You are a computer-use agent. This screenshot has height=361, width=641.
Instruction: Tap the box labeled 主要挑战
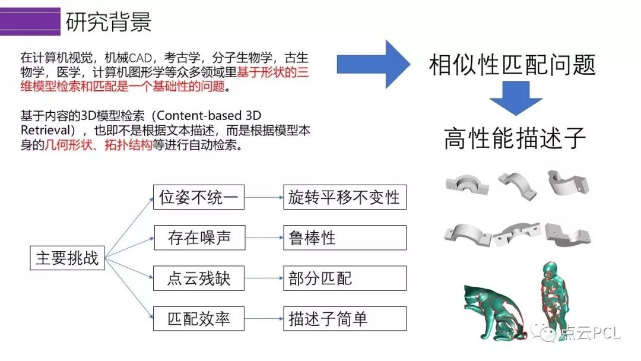click(67, 258)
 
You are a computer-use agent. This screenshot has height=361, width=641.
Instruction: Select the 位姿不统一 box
click(199, 197)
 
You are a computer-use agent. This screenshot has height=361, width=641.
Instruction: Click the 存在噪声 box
click(199, 237)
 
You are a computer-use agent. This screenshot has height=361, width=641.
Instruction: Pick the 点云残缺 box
click(199, 278)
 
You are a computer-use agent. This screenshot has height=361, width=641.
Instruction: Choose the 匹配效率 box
click(199, 319)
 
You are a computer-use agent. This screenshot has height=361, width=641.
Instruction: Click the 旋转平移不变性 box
click(344, 197)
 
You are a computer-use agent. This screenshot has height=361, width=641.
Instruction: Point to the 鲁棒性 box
click(344, 237)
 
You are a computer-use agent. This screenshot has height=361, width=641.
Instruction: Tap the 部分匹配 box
click(344, 278)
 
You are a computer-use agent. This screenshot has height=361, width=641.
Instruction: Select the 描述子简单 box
click(344, 319)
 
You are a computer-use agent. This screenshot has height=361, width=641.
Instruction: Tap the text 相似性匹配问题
click(512, 64)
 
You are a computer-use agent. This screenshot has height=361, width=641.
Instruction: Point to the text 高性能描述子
click(515, 138)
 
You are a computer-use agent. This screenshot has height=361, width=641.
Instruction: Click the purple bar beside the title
click(30, 21)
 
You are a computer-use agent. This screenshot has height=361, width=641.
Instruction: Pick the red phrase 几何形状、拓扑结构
click(98, 145)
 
